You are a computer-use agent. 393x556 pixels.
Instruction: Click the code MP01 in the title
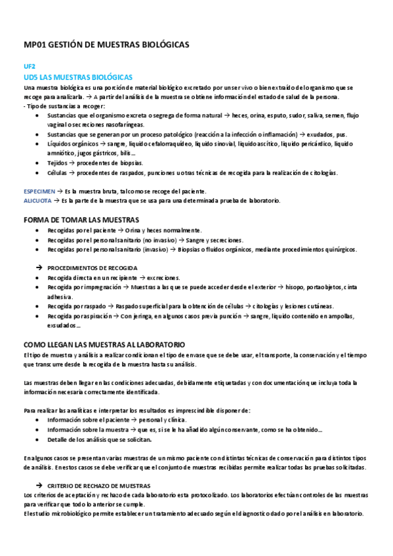point(35,44)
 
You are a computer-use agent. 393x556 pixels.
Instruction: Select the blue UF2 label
point(29,66)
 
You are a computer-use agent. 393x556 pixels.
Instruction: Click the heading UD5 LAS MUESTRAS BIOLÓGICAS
point(78,77)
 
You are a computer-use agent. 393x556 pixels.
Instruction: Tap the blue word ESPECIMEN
point(38,190)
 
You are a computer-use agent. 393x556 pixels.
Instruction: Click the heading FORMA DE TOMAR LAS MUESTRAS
point(81,219)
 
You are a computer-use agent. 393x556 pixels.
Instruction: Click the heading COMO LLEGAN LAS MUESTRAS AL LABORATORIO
point(104,344)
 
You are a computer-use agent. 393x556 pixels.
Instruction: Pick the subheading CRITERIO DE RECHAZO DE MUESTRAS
point(100,486)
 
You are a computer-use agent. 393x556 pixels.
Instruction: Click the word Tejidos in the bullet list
point(58,163)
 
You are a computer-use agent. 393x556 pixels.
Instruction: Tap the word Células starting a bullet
point(57,173)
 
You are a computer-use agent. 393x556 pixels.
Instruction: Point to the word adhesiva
point(60,296)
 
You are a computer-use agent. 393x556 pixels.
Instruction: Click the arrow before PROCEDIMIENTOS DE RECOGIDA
point(39,268)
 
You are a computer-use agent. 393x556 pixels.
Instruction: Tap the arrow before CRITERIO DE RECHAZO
point(39,486)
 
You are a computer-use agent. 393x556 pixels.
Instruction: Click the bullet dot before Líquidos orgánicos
point(36,144)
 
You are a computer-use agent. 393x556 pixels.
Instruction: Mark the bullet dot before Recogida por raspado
point(36,306)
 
